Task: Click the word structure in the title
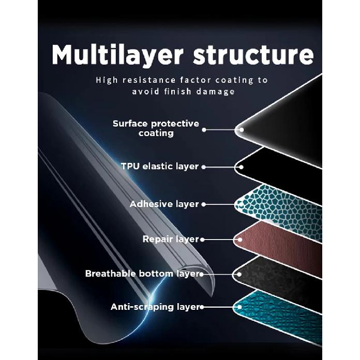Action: click(x=253, y=55)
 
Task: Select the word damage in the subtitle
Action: click(x=216, y=92)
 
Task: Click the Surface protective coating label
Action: click(x=156, y=128)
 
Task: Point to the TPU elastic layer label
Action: click(x=160, y=166)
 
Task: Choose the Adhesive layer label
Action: click(x=164, y=204)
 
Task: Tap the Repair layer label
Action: click(x=171, y=239)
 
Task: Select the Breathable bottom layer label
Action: click(x=142, y=274)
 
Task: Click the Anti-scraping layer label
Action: click(x=155, y=307)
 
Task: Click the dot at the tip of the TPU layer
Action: click(x=241, y=167)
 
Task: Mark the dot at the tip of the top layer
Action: click(x=242, y=130)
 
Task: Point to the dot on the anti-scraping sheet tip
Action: click(x=239, y=307)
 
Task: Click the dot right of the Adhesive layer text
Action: click(x=204, y=204)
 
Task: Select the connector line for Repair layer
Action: click(x=221, y=239)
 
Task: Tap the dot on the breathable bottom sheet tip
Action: click(x=239, y=274)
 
